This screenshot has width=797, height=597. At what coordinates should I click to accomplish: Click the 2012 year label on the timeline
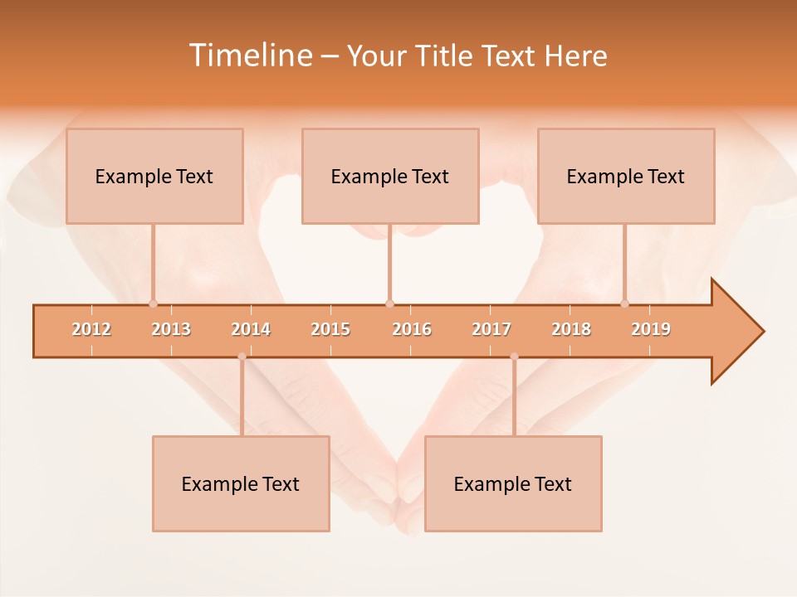[91, 329]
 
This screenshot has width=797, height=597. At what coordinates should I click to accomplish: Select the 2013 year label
[171, 329]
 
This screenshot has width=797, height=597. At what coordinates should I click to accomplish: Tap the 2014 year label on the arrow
[251, 329]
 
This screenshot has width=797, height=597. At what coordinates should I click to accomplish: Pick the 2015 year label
[330, 329]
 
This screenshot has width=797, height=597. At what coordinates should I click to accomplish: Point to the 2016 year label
[412, 329]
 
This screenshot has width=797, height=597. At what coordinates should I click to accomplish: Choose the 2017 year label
[491, 329]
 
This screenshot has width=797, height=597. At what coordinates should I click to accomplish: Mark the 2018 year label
[571, 329]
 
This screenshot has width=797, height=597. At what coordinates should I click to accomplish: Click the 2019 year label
[651, 329]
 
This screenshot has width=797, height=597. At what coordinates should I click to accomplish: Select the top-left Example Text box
[154, 176]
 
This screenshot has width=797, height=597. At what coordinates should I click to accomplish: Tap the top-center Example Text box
[390, 176]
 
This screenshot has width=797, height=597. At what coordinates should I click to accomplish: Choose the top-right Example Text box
[626, 176]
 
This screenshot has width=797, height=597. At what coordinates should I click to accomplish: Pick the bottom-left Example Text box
[241, 483]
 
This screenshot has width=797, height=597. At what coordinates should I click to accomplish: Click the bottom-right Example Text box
[513, 483]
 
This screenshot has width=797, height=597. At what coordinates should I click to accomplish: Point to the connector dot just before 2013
[153, 303]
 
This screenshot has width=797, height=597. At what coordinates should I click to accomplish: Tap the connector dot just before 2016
[389, 303]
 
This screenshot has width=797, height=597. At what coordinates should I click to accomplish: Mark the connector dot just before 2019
[625, 303]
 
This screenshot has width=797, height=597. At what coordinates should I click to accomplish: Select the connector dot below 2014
[242, 357]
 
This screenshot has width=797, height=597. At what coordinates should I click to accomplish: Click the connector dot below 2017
[514, 357]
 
